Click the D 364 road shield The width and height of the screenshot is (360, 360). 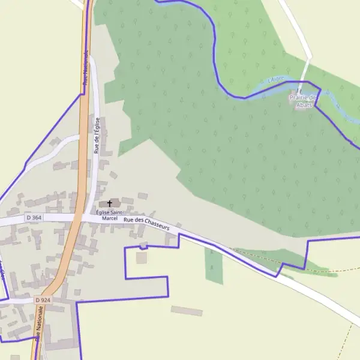34,217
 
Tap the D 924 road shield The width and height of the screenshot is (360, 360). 42,299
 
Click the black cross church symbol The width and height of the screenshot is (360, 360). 109,204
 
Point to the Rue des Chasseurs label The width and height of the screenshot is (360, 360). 147,224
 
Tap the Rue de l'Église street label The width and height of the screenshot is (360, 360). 97,135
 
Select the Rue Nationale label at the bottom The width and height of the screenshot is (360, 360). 40,324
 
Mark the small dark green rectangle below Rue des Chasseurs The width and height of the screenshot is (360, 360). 214,266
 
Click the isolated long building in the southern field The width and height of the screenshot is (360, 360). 187,311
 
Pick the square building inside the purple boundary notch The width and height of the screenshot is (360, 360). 141,257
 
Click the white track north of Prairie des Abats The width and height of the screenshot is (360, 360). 297,30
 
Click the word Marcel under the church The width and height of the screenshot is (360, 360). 110,219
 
